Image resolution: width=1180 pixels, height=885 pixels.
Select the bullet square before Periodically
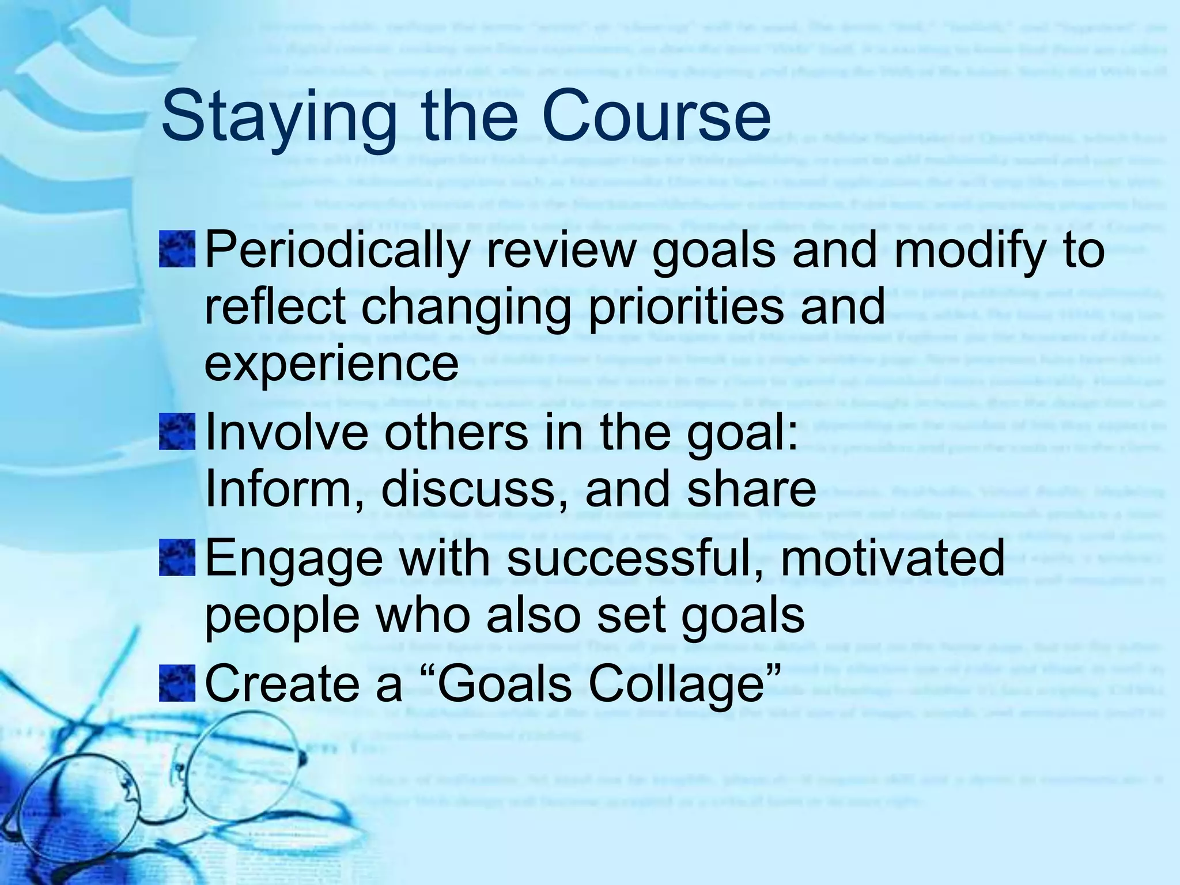click(x=177, y=249)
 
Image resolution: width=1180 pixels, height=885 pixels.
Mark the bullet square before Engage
click(x=177, y=557)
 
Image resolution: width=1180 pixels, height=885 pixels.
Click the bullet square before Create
click(x=177, y=683)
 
